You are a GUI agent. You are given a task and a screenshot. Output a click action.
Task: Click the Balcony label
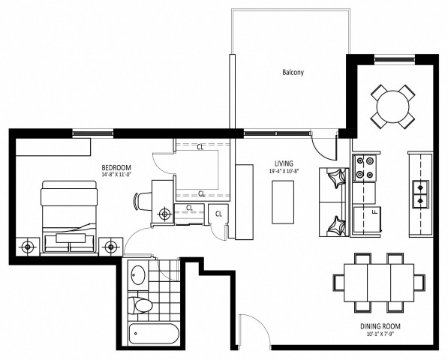(x=292, y=73)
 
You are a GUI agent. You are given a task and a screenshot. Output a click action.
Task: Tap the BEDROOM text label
(x=116, y=166)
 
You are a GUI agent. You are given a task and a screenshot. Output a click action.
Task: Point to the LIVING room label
(x=283, y=163)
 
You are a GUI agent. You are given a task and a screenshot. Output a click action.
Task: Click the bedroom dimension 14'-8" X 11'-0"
(x=116, y=175)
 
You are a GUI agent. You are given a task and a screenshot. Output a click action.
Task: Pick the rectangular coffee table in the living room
(x=282, y=202)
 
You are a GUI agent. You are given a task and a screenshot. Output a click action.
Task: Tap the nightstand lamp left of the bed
(x=28, y=246)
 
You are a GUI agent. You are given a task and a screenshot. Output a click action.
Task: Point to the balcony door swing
(x=322, y=142)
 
